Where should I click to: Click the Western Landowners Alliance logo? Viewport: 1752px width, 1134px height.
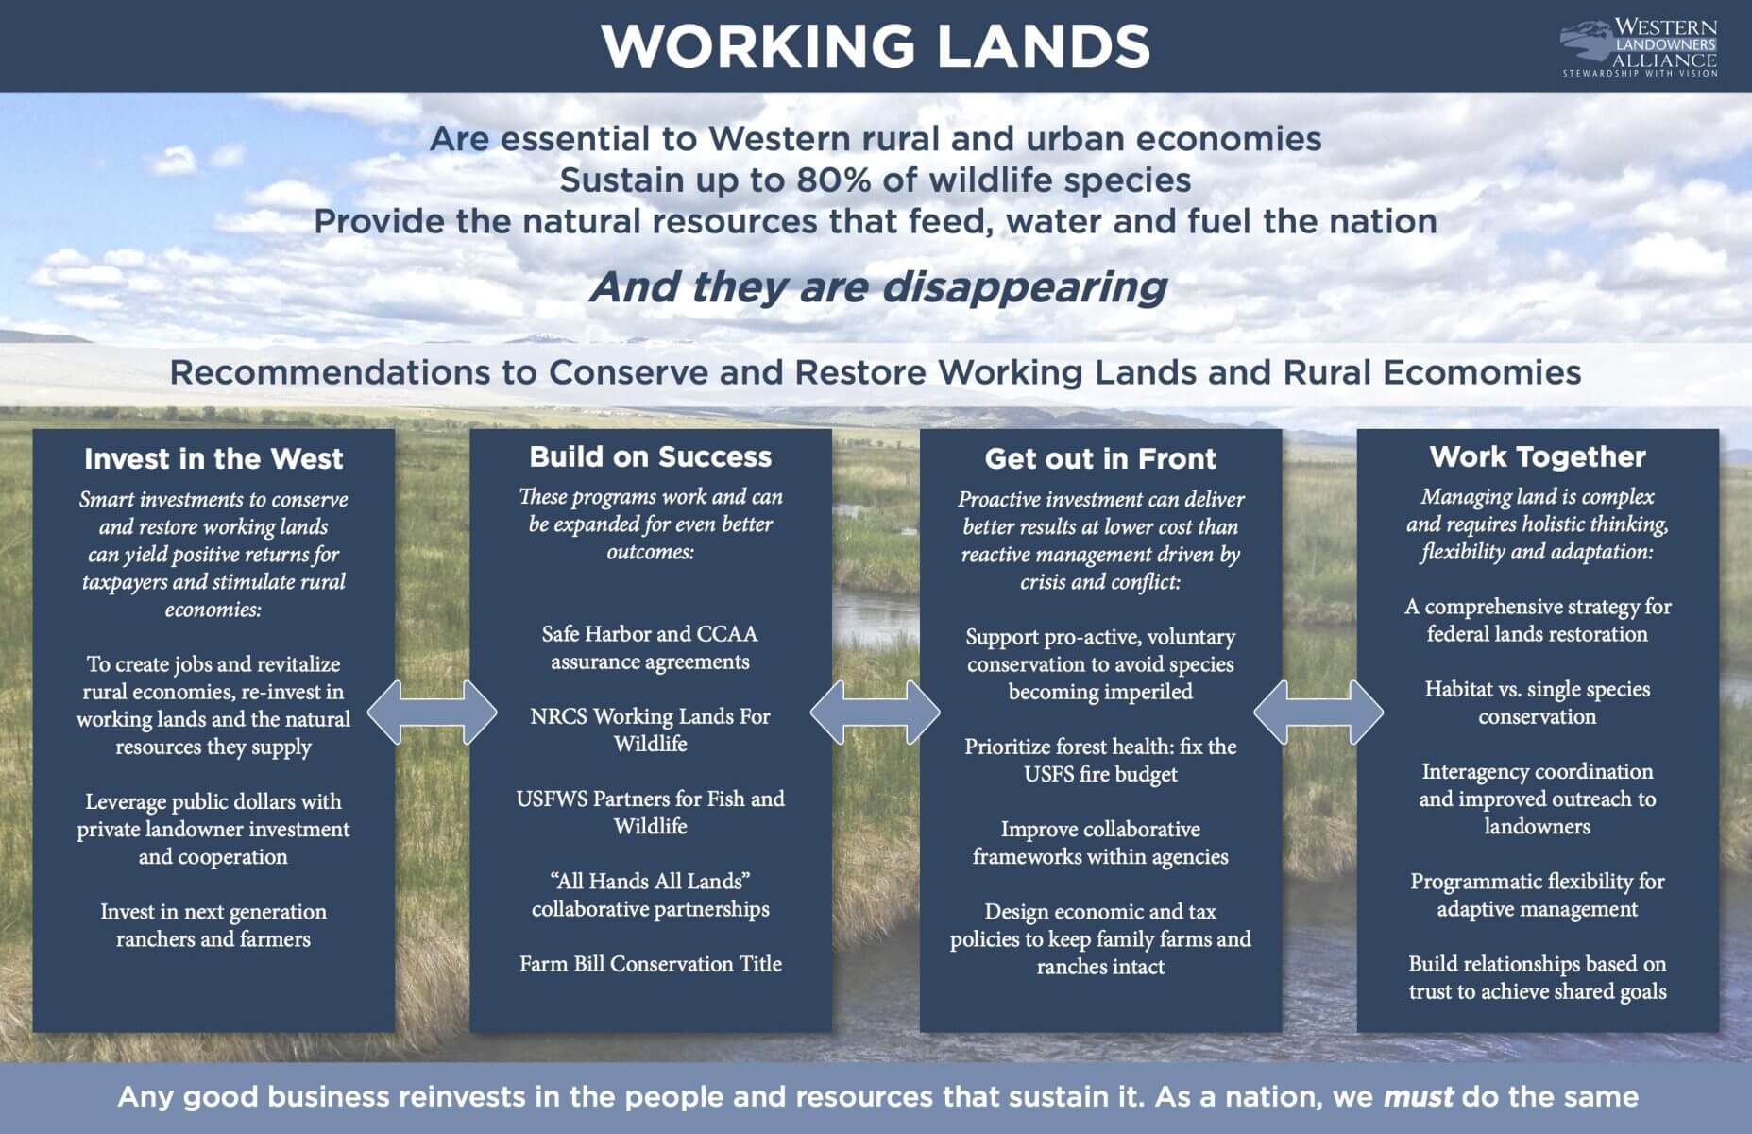(1639, 47)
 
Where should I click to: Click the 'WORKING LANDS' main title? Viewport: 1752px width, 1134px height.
(876, 45)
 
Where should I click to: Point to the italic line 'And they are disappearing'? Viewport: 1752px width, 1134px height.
(878, 286)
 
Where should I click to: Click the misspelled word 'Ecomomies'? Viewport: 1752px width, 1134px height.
(1482, 372)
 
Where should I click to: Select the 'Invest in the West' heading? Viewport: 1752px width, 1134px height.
(213, 459)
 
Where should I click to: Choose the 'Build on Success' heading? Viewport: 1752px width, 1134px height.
(651, 457)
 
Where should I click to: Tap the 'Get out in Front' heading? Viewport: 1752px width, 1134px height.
(1100, 459)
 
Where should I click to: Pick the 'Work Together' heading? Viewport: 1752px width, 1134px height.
(1538, 457)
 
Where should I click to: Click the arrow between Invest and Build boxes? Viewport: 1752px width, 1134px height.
(432, 712)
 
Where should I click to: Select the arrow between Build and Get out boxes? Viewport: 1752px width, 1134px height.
(876, 712)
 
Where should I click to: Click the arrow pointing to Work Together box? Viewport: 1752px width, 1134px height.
(1318, 712)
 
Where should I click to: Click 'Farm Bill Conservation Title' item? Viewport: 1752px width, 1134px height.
(651, 964)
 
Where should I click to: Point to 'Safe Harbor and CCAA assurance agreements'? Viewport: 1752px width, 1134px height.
(651, 647)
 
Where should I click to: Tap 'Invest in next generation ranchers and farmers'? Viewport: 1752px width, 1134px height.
(213, 925)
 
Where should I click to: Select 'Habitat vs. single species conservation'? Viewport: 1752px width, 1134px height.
(1538, 702)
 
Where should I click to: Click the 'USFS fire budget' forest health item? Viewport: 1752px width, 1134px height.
(1100, 760)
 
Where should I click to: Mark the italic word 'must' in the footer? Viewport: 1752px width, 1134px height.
(1419, 1097)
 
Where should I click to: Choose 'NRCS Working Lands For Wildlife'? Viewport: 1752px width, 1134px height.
(651, 730)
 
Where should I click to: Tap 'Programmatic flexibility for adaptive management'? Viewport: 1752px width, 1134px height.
(1538, 895)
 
